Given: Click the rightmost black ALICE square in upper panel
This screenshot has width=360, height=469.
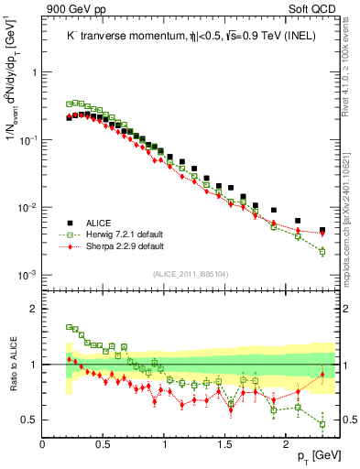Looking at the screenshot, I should tap(322, 230).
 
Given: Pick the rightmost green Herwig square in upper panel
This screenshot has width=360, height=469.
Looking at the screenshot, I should tap(322, 251).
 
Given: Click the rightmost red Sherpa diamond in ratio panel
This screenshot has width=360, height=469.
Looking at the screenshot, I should tap(322, 375).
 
